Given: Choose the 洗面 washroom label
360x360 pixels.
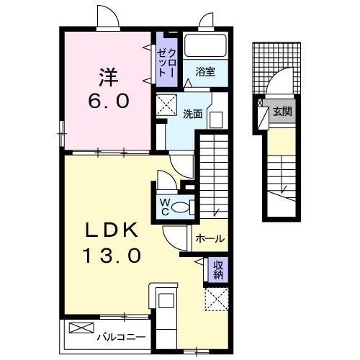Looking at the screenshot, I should [192, 113].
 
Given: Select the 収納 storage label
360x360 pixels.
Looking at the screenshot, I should [218, 270].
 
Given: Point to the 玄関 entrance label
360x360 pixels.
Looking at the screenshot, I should [282, 111].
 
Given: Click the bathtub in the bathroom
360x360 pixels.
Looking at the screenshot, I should [205, 46].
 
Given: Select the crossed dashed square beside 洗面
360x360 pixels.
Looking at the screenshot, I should [170, 104].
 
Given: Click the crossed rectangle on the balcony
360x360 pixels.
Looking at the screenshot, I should [78, 328].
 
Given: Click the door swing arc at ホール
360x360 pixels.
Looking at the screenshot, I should [175, 235].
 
